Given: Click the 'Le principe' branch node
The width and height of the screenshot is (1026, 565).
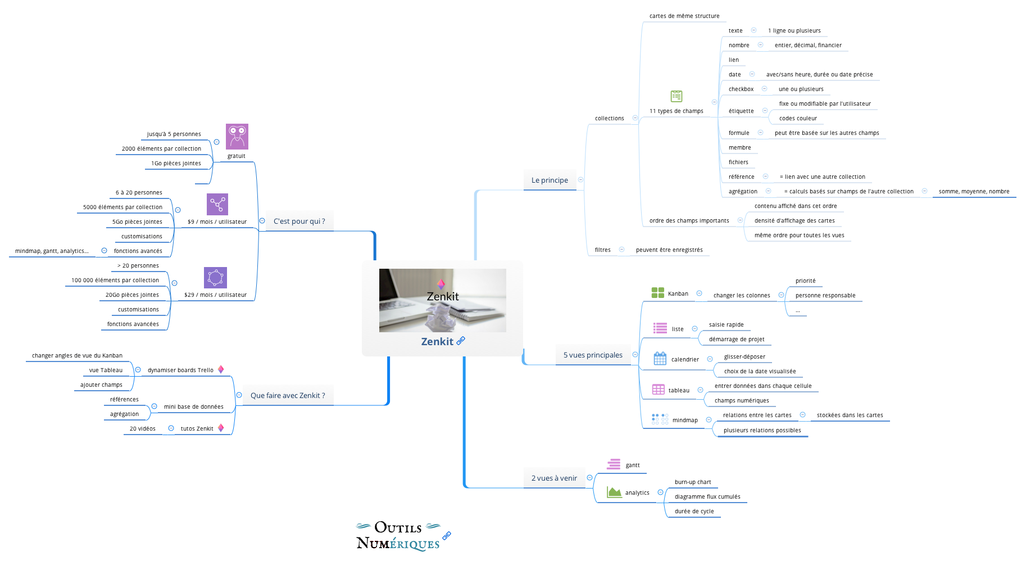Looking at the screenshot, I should click(550, 180).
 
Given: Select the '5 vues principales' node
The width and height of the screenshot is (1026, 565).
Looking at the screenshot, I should click(593, 355).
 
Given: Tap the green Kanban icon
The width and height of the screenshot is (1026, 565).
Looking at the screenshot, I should click(657, 293).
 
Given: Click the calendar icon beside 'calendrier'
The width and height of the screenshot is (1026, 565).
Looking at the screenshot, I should click(660, 359).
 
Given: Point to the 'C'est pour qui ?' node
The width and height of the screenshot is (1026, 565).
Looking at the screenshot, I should click(299, 222).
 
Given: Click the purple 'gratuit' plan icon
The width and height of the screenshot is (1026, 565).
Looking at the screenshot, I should click(237, 137).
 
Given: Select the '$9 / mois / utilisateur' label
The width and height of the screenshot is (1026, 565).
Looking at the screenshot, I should click(217, 222).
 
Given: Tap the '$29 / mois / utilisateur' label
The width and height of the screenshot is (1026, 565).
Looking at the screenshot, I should click(215, 295).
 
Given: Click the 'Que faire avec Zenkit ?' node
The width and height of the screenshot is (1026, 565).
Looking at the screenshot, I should click(288, 396).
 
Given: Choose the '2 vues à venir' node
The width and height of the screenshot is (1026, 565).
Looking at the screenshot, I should click(554, 478).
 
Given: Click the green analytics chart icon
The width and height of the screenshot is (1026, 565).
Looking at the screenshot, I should click(614, 492).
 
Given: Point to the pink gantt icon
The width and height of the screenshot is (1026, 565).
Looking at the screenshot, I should click(614, 464).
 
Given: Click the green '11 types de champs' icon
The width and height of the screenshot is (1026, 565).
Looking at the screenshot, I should click(677, 96).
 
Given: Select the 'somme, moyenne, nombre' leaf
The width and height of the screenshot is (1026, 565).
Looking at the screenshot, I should click(974, 192).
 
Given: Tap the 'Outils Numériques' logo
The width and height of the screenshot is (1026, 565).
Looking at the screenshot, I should click(398, 536).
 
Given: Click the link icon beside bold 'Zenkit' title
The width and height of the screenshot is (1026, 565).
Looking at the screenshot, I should click(461, 341).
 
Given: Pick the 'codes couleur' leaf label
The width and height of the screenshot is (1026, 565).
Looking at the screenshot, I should click(798, 119).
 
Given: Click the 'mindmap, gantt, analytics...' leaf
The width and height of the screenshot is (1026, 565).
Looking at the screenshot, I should click(52, 251).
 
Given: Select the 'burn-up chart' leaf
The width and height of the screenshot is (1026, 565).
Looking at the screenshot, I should click(692, 482).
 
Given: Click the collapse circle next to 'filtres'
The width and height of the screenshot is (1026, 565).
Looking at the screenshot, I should click(621, 250).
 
